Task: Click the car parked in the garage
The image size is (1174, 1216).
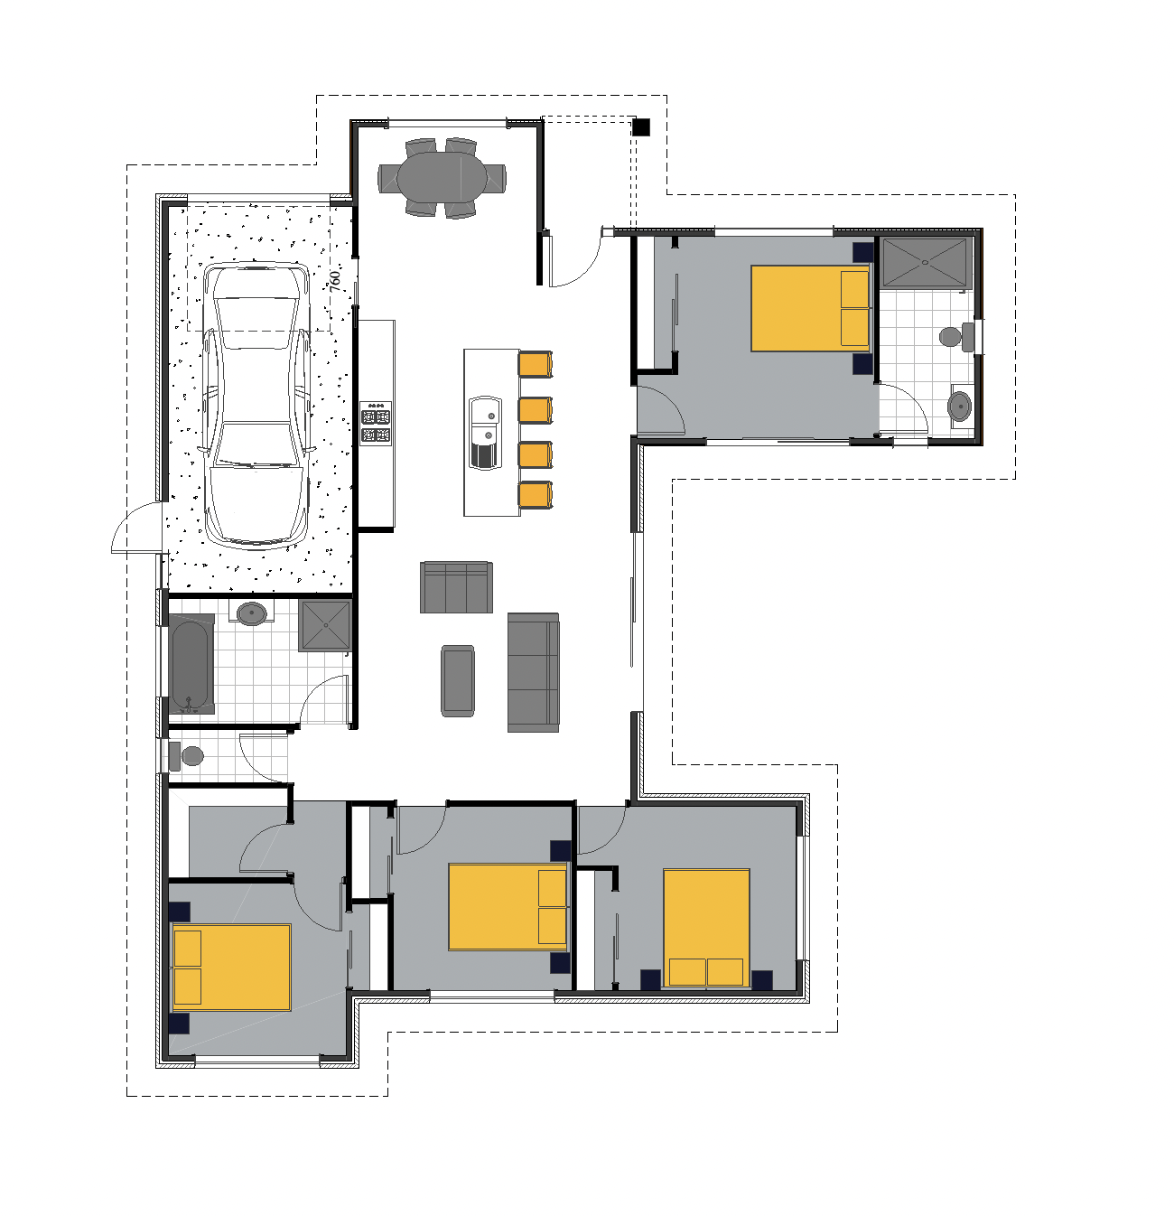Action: coord(256,406)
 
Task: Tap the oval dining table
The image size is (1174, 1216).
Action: coord(442,178)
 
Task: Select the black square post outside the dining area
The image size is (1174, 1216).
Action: coord(640,126)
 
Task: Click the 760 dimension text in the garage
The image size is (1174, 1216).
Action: coord(335,281)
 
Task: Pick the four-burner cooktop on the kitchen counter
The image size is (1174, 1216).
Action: coord(376,423)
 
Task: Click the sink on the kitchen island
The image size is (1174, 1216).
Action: coord(485,432)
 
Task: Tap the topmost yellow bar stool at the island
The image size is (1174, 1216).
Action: coord(536,364)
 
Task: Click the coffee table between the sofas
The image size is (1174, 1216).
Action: coord(457,680)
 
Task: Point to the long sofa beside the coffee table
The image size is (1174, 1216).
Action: coord(533,672)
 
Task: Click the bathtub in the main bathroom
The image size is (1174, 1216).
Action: coord(191,664)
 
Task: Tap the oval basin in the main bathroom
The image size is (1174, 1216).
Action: coord(251,613)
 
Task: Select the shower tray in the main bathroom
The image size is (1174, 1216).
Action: coord(324,625)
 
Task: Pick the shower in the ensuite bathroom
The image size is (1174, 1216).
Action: coord(926,263)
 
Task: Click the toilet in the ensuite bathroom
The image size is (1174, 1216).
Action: coord(956,337)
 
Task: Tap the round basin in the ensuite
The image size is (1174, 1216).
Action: coord(959,407)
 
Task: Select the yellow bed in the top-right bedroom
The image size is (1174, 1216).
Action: coord(810,308)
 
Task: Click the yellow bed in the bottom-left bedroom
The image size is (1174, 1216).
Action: coord(231,967)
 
